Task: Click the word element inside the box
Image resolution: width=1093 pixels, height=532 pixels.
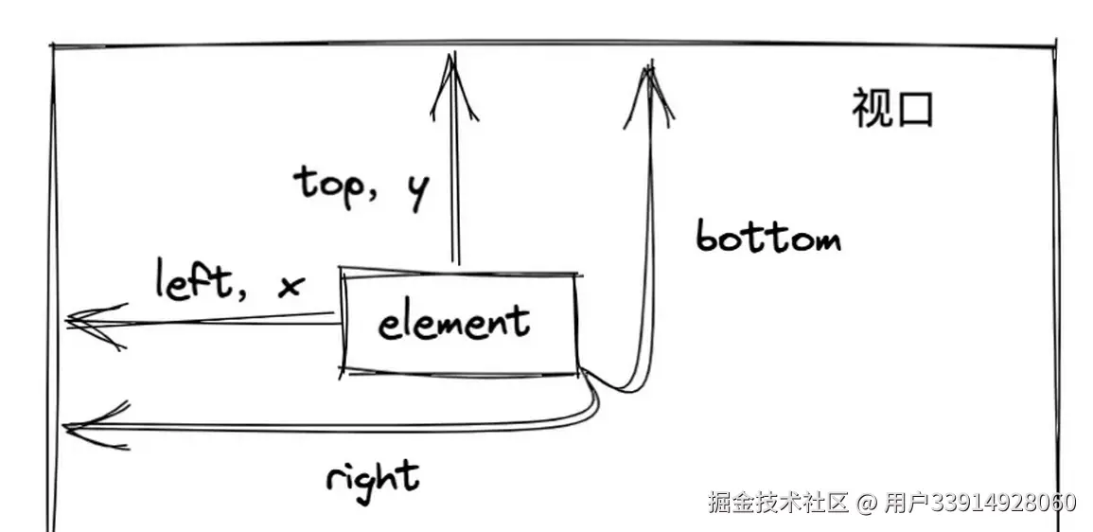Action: click(x=453, y=324)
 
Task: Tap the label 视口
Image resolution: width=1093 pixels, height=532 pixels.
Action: click(x=892, y=110)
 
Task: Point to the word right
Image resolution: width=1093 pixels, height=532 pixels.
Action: click(x=372, y=476)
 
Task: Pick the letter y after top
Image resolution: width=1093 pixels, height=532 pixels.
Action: click(x=415, y=191)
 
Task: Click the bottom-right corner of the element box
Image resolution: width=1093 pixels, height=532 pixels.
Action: click(x=577, y=373)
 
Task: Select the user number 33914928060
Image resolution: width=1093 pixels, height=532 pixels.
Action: click(x=1003, y=502)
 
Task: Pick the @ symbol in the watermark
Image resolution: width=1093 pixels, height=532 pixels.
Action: click(x=867, y=503)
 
